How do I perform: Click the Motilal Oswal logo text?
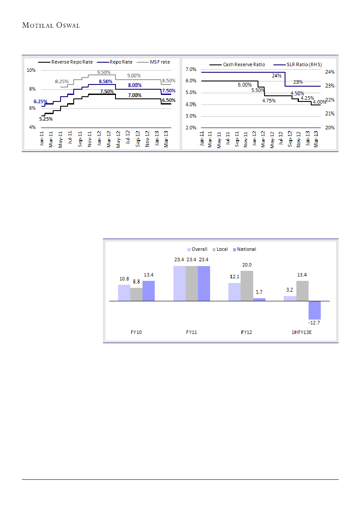[51, 25]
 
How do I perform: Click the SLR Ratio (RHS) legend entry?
[301, 64]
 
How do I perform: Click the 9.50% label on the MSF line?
[103, 72]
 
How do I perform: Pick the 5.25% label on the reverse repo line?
[46, 119]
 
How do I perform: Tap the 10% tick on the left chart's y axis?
[31, 70]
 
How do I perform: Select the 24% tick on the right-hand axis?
[329, 72]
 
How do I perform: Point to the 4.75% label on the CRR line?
[269, 101]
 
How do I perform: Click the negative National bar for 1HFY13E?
[315, 310]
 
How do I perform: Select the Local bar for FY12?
[247, 286]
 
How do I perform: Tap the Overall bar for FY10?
[124, 293]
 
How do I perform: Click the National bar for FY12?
[259, 300]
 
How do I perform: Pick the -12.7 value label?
[315, 323]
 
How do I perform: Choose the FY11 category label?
[191, 332]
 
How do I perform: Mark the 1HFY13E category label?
[302, 332]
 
